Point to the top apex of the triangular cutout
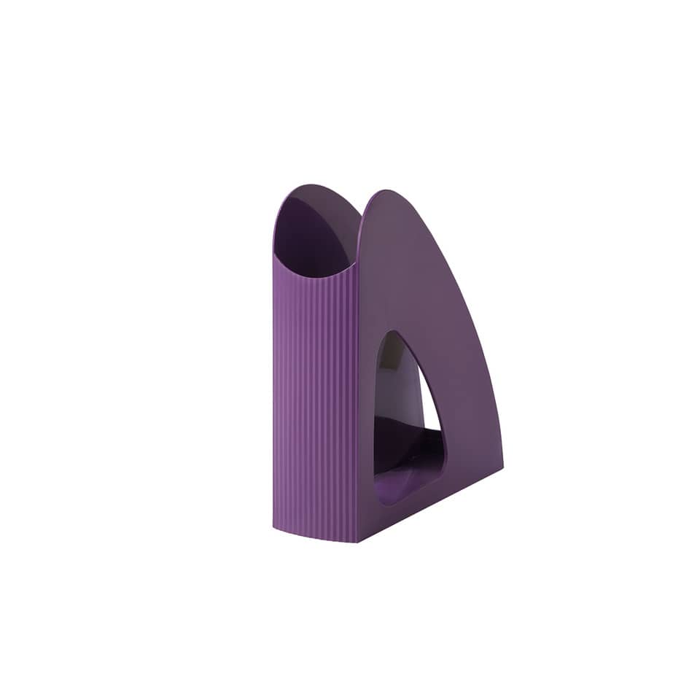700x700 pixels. tap(394, 334)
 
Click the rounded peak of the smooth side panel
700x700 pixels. tap(384, 194)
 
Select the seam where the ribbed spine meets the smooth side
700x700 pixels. tap(358, 401)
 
